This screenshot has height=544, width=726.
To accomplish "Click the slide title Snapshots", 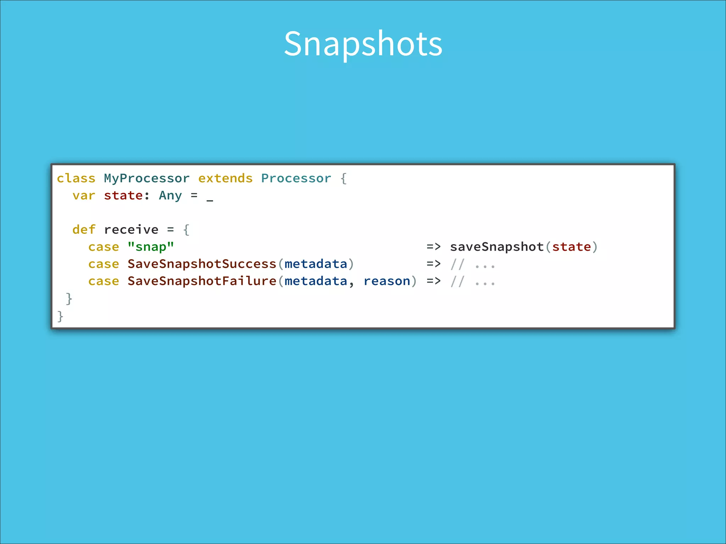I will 363,44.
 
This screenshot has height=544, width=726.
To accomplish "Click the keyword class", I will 76,178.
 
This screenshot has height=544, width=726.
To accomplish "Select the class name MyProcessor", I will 146,178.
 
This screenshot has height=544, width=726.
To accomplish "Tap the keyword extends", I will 225,178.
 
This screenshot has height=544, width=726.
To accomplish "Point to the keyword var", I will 84,195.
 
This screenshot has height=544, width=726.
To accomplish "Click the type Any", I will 170,195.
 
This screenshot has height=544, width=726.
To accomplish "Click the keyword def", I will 84,229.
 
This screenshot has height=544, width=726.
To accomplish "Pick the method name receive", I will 131,229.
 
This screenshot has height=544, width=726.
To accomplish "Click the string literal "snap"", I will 151,246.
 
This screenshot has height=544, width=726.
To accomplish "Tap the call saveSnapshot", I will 497,246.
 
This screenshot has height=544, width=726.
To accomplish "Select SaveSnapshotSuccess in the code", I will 202,264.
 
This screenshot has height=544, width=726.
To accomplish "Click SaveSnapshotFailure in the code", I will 202,281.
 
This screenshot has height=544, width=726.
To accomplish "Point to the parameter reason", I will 387,281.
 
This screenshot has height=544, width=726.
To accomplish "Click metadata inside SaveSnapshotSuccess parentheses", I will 315,264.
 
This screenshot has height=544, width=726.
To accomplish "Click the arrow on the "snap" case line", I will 434,246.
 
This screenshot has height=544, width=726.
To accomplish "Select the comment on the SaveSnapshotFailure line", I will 473,282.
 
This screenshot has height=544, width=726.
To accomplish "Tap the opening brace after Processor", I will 343,178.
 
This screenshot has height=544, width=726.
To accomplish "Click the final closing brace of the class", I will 60,316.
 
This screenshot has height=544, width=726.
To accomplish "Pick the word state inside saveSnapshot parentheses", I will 571,246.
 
